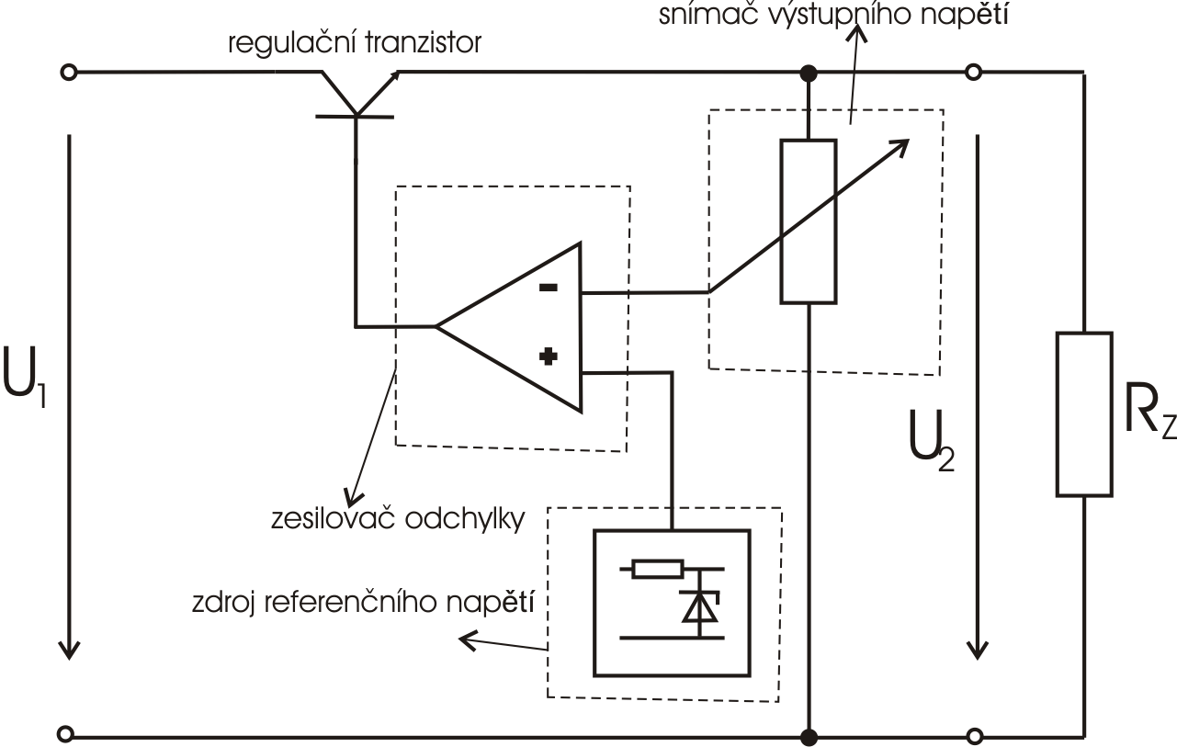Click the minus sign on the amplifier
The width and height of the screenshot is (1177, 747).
[x=548, y=287]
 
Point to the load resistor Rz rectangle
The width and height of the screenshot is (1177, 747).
[x=1084, y=414]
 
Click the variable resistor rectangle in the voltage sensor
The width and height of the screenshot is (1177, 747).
[x=808, y=221]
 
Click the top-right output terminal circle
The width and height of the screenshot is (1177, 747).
[x=976, y=72]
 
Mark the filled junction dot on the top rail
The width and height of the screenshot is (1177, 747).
[x=809, y=72]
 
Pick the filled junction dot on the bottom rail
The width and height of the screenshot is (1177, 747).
[x=809, y=735]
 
